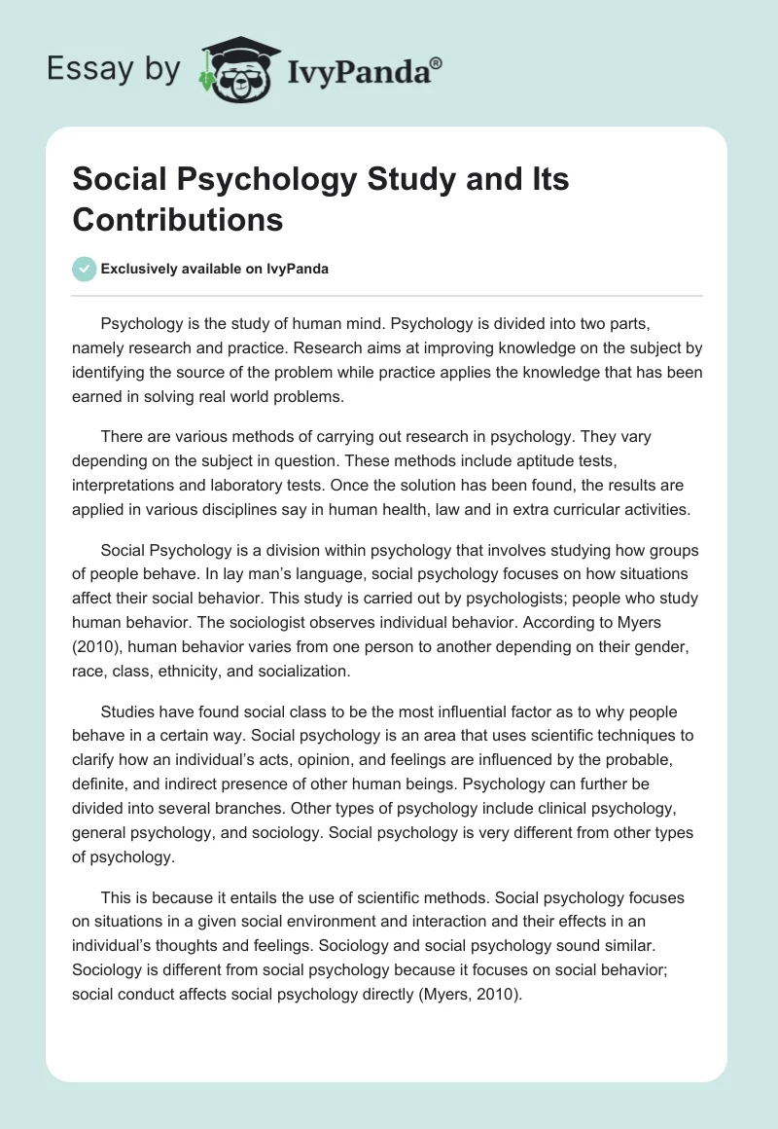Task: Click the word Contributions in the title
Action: (x=177, y=219)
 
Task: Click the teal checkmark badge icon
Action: (x=85, y=270)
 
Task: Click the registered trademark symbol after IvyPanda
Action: (x=437, y=61)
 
